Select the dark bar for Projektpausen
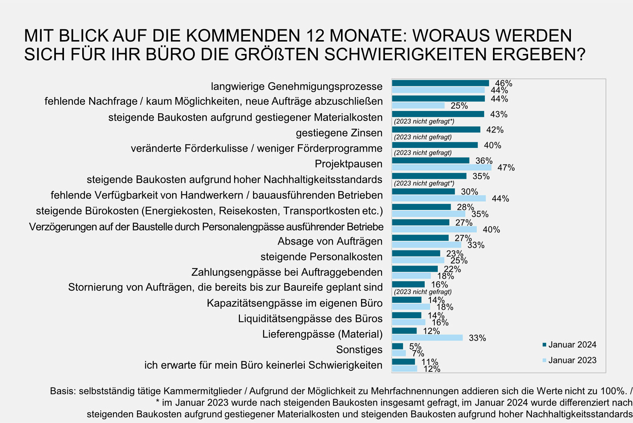tap(430, 160)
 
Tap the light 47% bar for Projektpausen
tap(442, 168)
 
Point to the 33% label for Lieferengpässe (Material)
tap(477, 338)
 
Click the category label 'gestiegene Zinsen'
tap(339, 133)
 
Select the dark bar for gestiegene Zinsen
tap(436, 129)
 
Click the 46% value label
tap(503, 83)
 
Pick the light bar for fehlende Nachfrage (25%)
tap(418, 106)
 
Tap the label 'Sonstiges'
tap(359, 349)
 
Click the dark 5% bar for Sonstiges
tap(397, 346)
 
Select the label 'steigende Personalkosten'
tap(321, 257)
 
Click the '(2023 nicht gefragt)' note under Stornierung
tap(422, 292)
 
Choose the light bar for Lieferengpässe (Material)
tap(427, 338)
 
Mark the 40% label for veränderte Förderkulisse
tap(492, 145)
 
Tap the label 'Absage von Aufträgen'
tap(330, 241)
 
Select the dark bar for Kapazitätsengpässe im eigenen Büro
tap(407, 300)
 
